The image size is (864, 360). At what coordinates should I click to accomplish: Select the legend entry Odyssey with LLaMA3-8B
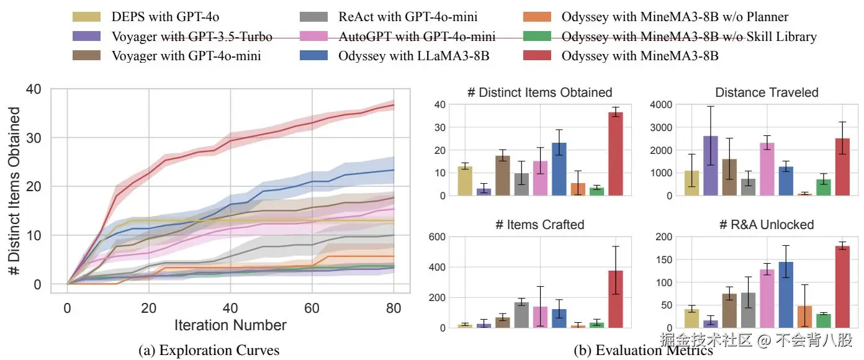[414, 56]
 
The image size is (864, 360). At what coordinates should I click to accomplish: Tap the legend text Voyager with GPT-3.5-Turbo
[192, 37]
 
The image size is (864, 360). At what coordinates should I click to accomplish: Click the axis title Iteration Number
[230, 325]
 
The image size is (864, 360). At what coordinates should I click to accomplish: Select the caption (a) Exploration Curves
[209, 349]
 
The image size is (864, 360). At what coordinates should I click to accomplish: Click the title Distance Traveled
[767, 92]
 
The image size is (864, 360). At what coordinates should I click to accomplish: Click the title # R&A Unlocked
[767, 225]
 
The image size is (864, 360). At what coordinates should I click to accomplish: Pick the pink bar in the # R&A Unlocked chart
[767, 299]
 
